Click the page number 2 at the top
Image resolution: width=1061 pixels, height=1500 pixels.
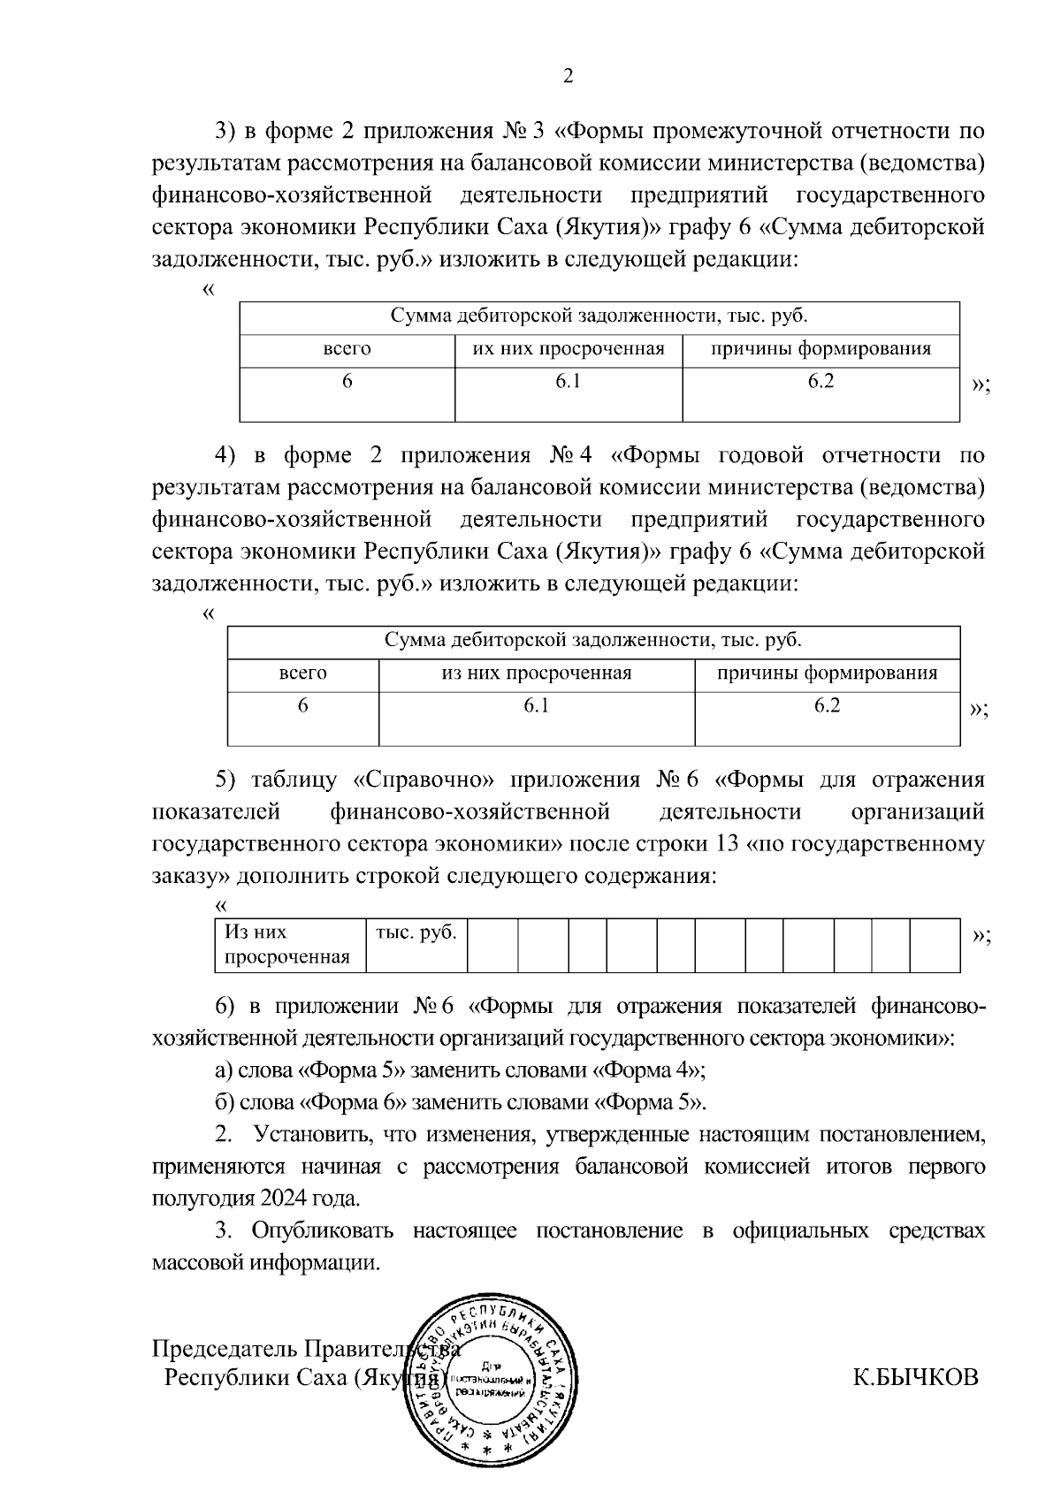(x=569, y=77)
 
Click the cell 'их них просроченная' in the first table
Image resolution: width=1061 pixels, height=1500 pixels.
(x=569, y=348)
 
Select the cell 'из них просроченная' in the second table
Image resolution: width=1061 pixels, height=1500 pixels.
(x=537, y=674)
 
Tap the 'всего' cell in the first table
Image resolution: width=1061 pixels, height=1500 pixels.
(x=347, y=348)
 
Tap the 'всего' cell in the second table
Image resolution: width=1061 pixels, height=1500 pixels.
(x=302, y=674)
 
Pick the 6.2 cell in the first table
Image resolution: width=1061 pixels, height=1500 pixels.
(x=821, y=382)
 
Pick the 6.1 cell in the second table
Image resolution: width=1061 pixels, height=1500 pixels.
(x=537, y=705)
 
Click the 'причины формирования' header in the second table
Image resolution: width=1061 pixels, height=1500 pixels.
(x=827, y=674)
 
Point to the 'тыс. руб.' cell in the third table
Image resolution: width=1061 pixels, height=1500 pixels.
(x=416, y=933)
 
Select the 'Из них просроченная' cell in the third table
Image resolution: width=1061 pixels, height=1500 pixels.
(x=286, y=945)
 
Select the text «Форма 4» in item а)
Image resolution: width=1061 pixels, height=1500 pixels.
(x=646, y=1070)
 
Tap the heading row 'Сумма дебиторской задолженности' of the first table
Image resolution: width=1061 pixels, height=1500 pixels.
(x=599, y=317)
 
